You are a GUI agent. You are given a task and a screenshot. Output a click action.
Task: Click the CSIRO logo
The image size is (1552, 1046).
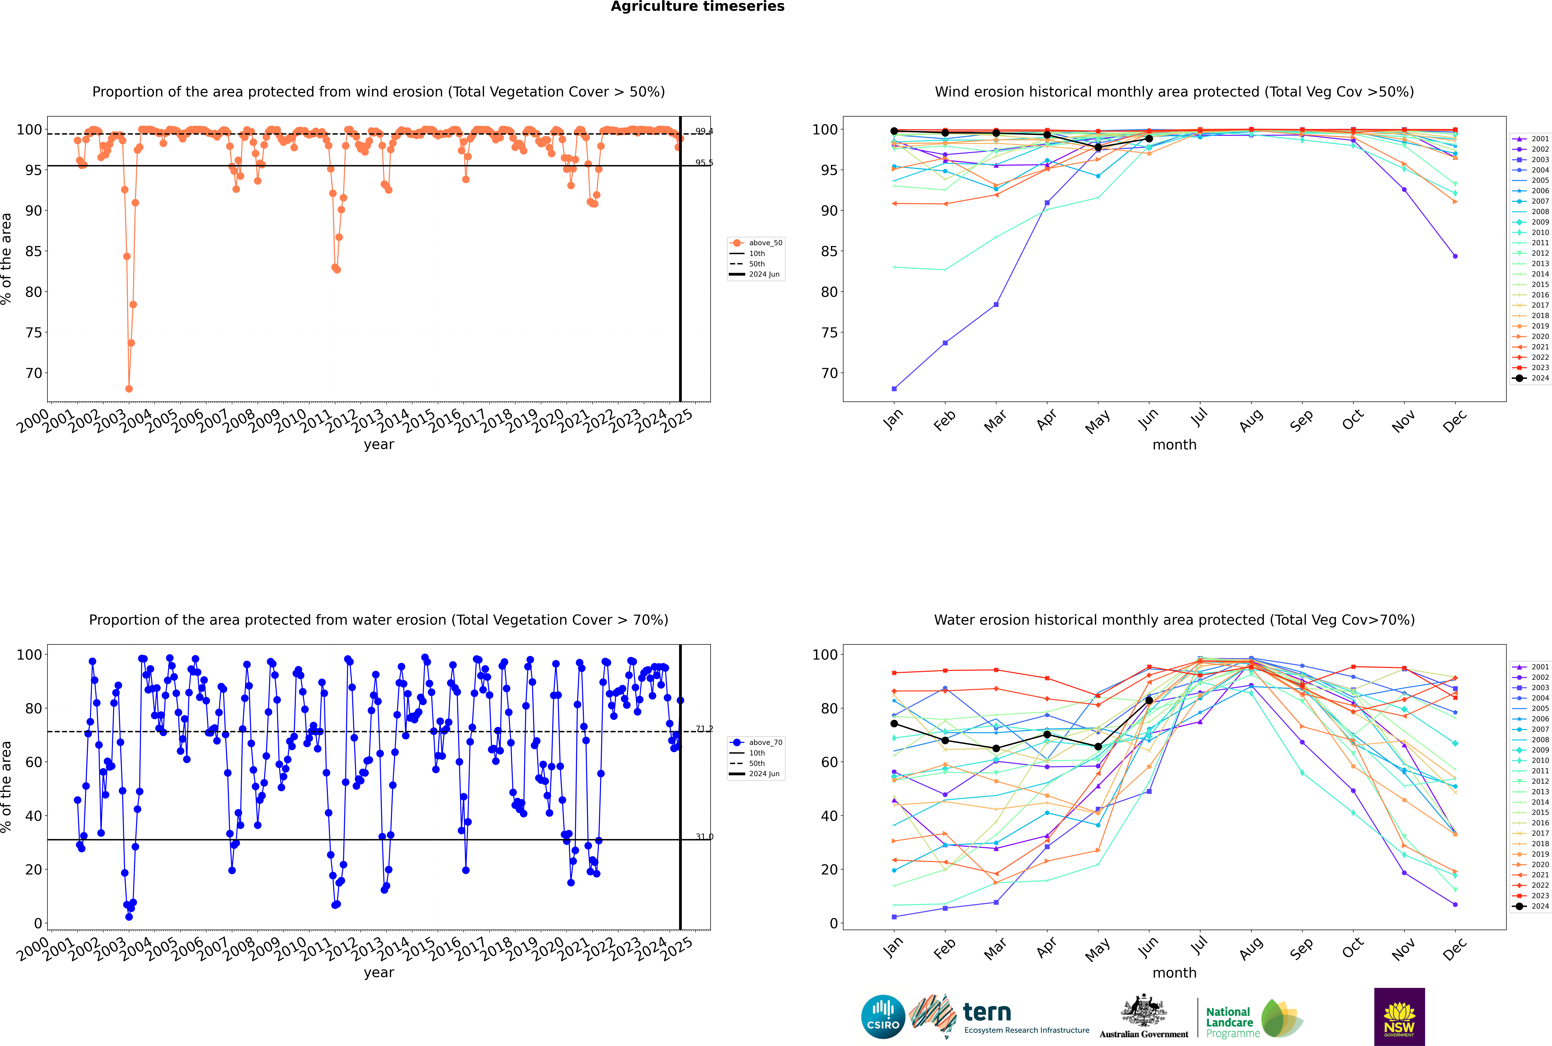pyautogui.click(x=883, y=1017)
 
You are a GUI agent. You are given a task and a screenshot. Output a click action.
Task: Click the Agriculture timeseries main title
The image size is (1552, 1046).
pyautogui.click(x=697, y=7)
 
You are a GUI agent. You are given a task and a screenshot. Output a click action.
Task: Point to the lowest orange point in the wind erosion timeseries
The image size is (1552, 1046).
pyautogui.click(x=129, y=389)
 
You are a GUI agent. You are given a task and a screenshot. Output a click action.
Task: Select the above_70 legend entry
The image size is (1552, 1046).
pyautogui.click(x=756, y=743)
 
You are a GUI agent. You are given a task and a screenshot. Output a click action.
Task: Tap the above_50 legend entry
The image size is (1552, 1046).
pyautogui.click(x=756, y=243)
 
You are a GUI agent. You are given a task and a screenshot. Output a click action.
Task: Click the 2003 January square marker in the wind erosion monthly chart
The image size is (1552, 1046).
pyautogui.click(x=894, y=389)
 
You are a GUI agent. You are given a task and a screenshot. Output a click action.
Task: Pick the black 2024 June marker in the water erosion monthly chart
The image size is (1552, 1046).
pyautogui.click(x=1149, y=700)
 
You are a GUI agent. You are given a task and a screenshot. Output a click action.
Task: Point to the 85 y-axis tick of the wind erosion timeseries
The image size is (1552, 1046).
pyautogui.click(x=33, y=251)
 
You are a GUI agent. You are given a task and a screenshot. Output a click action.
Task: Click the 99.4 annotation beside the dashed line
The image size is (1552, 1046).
pyautogui.click(x=704, y=131)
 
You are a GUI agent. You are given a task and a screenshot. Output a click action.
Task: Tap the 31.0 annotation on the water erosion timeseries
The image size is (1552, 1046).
pyautogui.click(x=704, y=837)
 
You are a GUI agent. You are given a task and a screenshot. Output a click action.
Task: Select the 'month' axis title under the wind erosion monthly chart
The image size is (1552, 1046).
pyautogui.click(x=1174, y=445)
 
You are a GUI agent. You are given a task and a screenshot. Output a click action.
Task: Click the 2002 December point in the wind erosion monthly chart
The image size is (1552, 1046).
pyautogui.click(x=1455, y=256)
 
